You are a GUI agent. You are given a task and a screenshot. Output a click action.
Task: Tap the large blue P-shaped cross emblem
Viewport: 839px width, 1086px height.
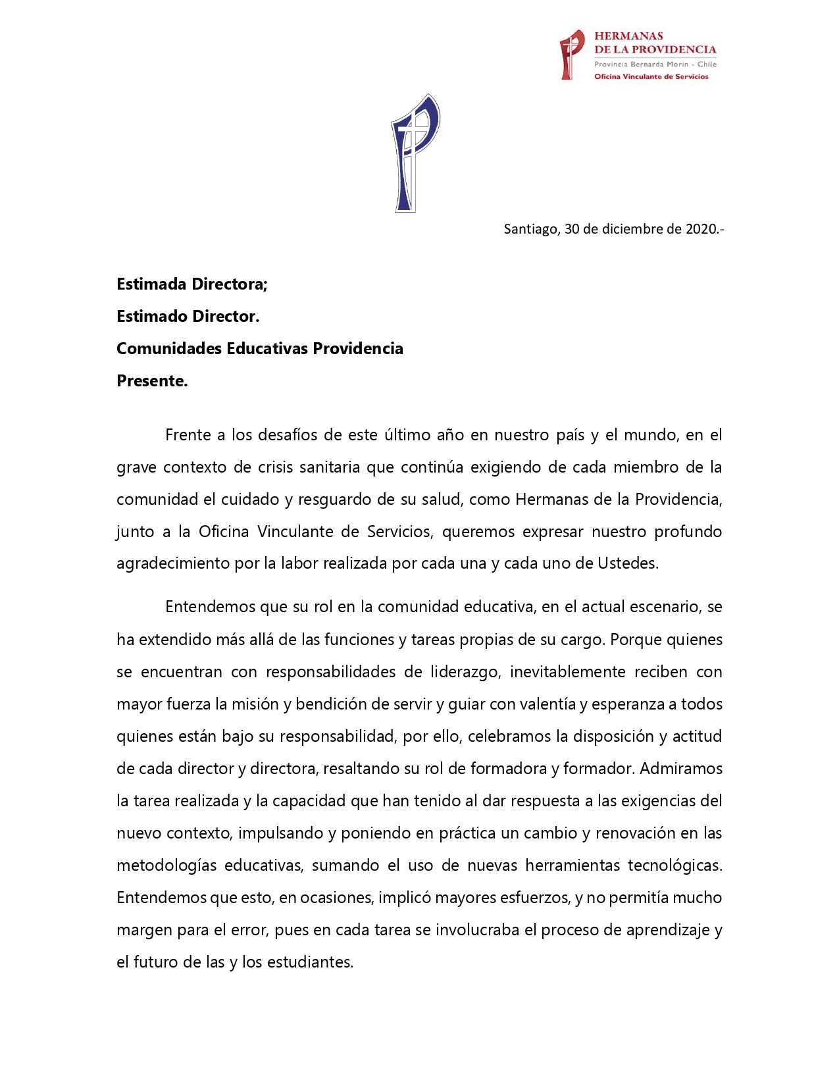[x=414, y=153]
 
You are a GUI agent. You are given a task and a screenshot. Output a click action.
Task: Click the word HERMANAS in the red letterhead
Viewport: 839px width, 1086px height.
[x=628, y=36]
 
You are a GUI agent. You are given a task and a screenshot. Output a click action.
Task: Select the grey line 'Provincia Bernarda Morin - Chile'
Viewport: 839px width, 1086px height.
[x=655, y=65]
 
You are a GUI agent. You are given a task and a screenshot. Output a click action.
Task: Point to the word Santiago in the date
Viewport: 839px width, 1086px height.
[x=530, y=229]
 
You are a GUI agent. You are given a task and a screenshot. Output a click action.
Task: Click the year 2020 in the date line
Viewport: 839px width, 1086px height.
[x=702, y=229]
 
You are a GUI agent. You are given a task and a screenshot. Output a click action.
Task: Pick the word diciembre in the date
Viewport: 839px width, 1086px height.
[x=632, y=229]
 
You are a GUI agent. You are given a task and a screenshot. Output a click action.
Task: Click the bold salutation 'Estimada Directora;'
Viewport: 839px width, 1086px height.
[x=192, y=284]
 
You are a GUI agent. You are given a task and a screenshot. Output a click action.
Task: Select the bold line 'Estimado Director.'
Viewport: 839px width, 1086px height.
[x=188, y=317]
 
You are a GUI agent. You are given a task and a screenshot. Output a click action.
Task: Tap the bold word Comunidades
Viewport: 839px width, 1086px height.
[x=169, y=349]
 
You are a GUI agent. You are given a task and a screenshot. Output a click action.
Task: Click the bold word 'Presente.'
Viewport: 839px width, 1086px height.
[x=152, y=381]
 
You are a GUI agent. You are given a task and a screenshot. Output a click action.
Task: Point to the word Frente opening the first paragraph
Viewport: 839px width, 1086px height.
[x=188, y=435]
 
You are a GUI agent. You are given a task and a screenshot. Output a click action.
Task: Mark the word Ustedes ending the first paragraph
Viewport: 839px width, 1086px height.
[x=628, y=564]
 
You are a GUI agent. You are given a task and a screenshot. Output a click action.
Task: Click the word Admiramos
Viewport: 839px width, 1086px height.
[x=681, y=769]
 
